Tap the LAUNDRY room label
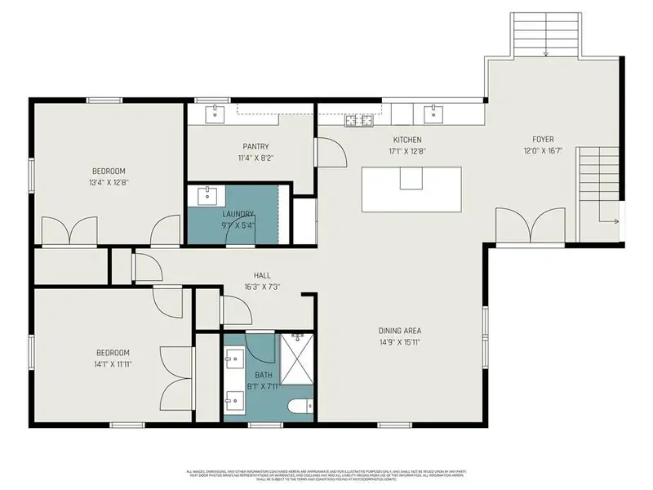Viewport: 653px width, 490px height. [x=238, y=214]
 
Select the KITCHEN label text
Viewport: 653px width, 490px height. [x=407, y=140]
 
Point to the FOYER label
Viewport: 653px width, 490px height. [x=544, y=140]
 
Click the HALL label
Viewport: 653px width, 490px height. [x=262, y=276]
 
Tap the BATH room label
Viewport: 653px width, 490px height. [x=263, y=375]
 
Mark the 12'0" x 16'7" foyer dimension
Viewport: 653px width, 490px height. [x=544, y=151]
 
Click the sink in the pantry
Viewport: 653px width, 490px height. [x=215, y=113]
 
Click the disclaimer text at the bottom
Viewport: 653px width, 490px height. [x=326, y=474]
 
